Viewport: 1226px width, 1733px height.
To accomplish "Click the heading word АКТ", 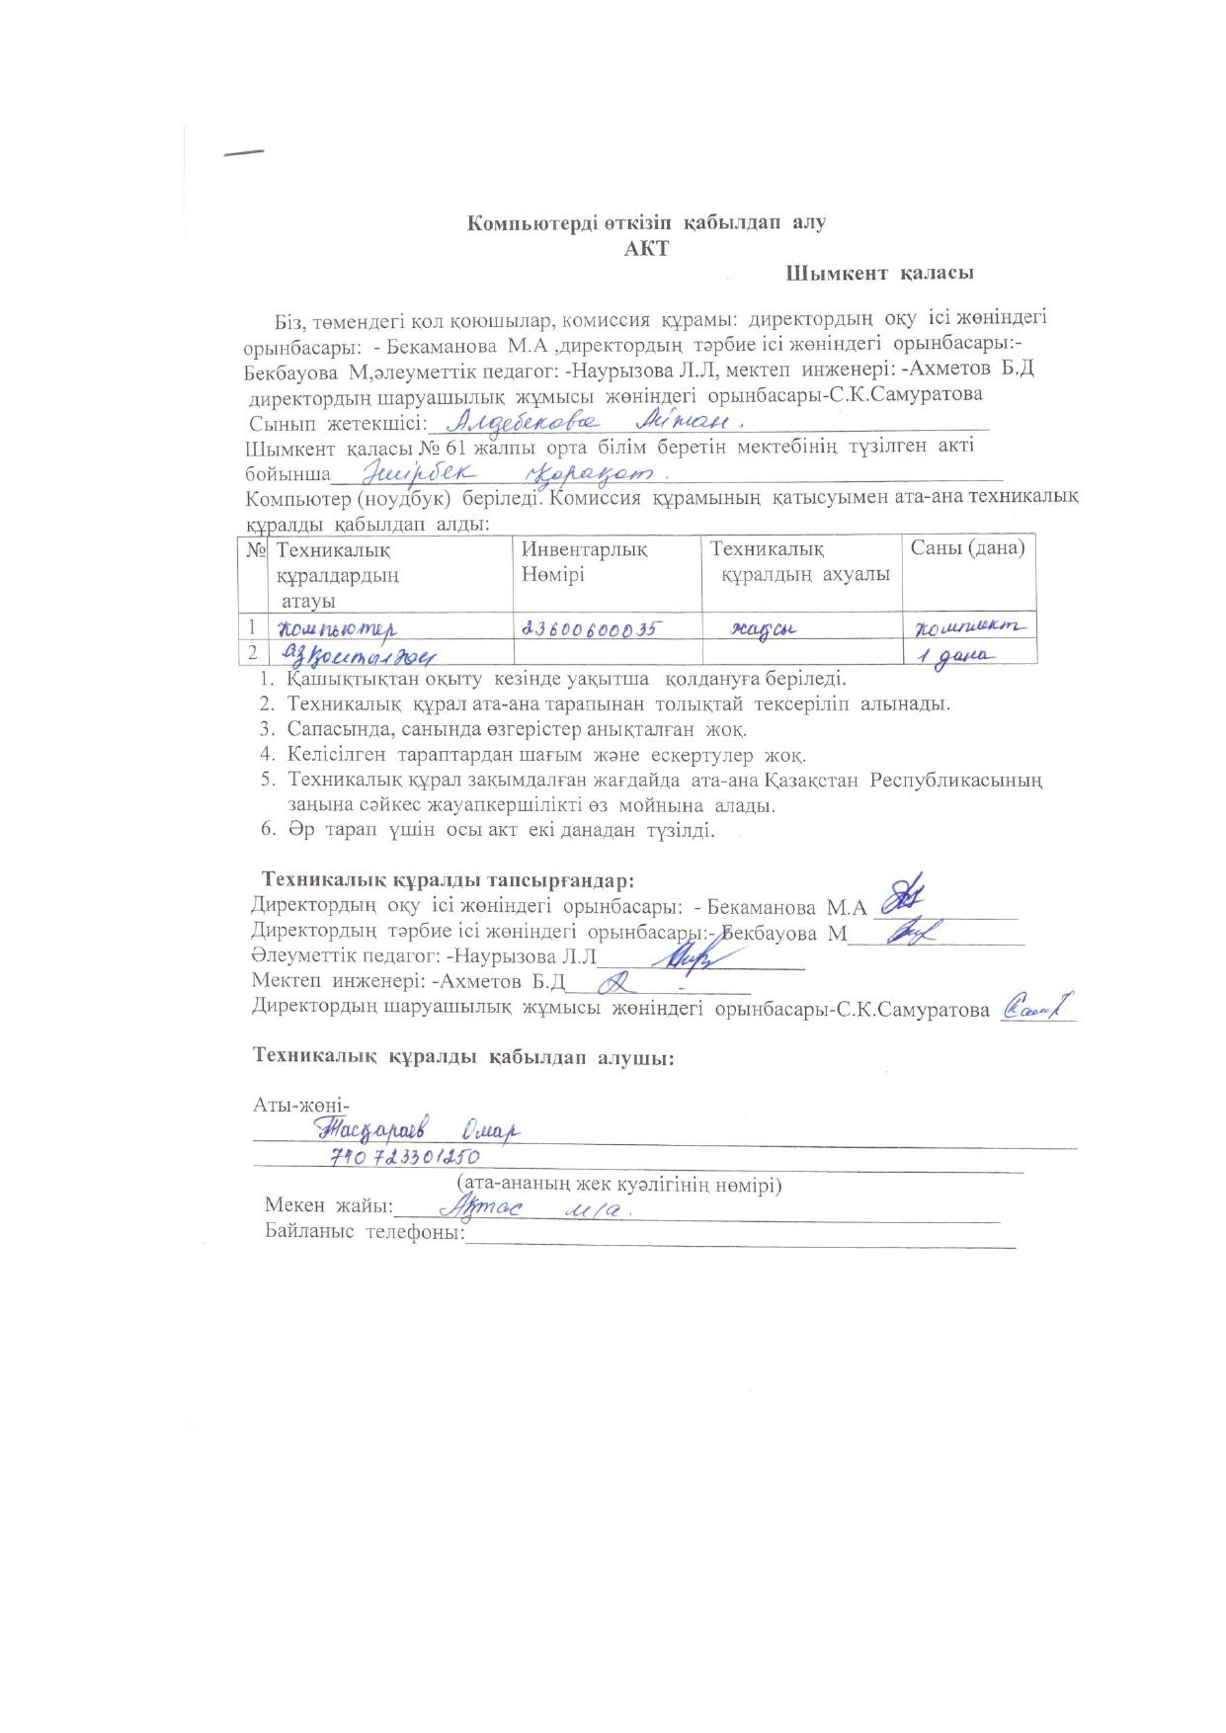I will pyautogui.click(x=646, y=248).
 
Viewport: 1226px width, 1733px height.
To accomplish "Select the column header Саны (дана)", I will pyautogui.click(x=967, y=547).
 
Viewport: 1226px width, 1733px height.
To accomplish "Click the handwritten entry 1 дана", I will pyautogui.click(x=957, y=658).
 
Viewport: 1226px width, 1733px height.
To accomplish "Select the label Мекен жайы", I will pyautogui.click(x=328, y=1206).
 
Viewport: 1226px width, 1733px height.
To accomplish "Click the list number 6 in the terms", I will pyautogui.click(x=267, y=830).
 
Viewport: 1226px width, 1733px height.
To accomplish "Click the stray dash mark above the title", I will pyautogui.click(x=244, y=153).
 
